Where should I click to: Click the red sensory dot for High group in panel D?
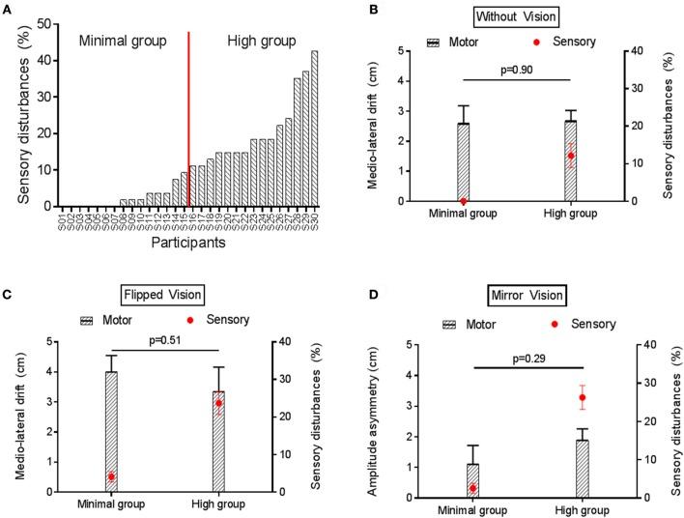pyautogui.click(x=582, y=397)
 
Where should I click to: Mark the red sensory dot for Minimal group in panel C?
pyautogui.click(x=111, y=476)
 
